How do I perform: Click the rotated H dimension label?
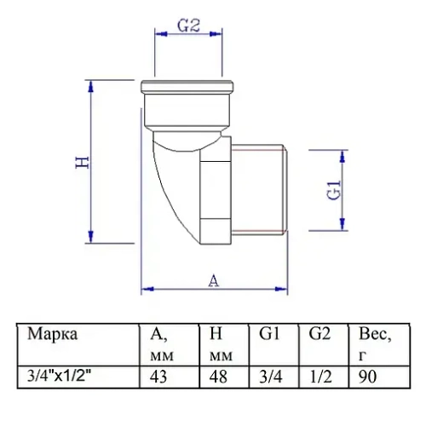pos(83,162)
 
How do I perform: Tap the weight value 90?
pos(367,374)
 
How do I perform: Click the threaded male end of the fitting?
pos(260,189)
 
